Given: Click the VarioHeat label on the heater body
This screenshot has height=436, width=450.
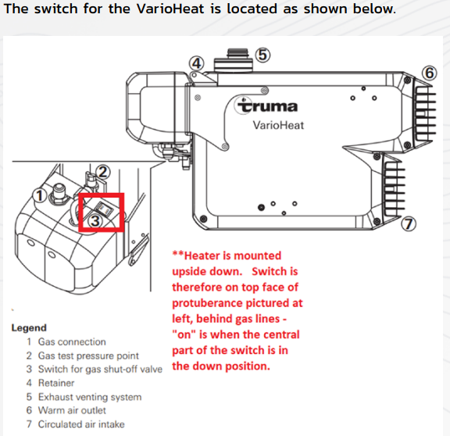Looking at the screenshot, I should [277, 125].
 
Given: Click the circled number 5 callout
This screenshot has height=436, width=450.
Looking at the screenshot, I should [262, 54].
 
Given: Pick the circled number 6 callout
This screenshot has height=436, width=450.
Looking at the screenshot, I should [428, 73].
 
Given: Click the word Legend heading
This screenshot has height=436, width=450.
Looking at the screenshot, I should [29, 328].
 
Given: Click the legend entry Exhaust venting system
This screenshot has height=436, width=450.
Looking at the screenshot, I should [89, 397].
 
